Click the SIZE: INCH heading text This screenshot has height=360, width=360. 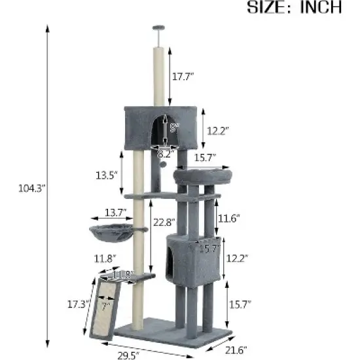(x=294, y=8)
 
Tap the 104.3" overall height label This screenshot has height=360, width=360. (x=31, y=189)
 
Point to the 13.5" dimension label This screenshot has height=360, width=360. (x=106, y=175)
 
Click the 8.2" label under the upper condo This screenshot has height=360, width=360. (x=166, y=154)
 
